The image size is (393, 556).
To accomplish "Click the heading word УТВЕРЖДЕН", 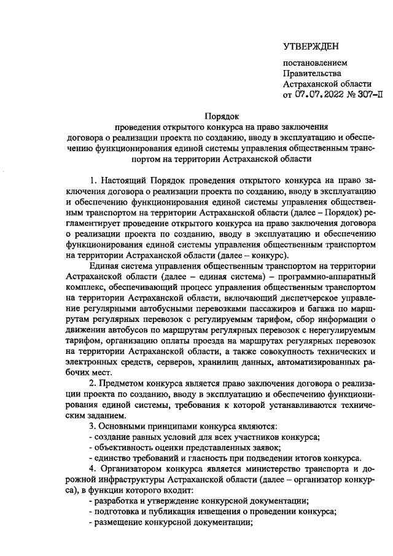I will click(x=310, y=47).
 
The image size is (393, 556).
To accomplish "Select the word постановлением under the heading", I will click(x=314, y=63).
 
